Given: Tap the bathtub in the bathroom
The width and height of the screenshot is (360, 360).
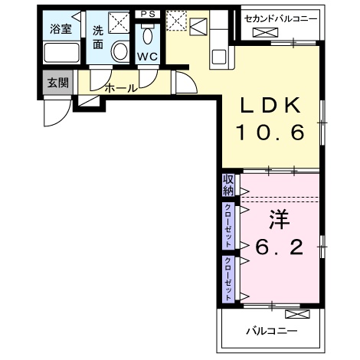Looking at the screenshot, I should (x=61, y=53).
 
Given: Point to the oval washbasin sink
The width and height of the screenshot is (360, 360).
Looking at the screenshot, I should (x=120, y=51).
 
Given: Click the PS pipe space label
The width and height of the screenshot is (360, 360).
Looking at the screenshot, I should (x=147, y=14).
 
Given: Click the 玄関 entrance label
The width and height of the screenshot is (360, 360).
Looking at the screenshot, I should (x=57, y=83).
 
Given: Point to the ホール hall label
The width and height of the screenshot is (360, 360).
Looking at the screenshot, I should (x=121, y=87).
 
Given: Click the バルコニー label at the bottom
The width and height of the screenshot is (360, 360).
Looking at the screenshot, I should (x=270, y=331).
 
